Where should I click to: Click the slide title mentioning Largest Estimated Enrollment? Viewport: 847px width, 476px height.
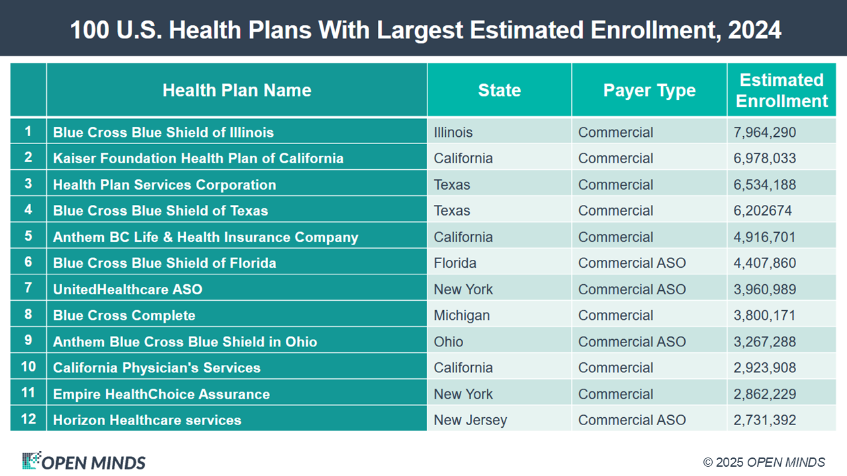[423, 30]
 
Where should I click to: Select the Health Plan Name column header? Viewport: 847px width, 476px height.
[237, 91]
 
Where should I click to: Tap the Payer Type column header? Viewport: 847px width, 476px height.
[649, 91]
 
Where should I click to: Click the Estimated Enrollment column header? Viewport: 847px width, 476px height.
[781, 91]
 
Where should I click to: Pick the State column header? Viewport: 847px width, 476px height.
[499, 91]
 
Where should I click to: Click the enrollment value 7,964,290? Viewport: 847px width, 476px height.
[764, 132]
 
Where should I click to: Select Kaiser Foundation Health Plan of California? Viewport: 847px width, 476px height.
[198, 159]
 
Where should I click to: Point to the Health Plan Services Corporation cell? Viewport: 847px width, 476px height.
[164, 184]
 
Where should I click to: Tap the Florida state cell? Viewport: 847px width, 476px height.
[455, 263]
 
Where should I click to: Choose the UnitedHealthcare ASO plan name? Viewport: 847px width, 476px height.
[128, 290]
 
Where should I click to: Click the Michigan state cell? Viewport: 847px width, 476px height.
[462, 315]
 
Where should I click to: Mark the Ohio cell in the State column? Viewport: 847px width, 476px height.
[449, 342]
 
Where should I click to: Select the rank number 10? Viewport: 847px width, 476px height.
[28, 367]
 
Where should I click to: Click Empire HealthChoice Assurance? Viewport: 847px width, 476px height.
[161, 394]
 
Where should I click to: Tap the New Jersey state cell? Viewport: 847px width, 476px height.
[470, 420]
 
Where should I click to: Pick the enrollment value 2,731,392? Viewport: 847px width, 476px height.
[764, 420]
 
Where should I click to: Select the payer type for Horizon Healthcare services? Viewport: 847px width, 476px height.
[631, 420]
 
